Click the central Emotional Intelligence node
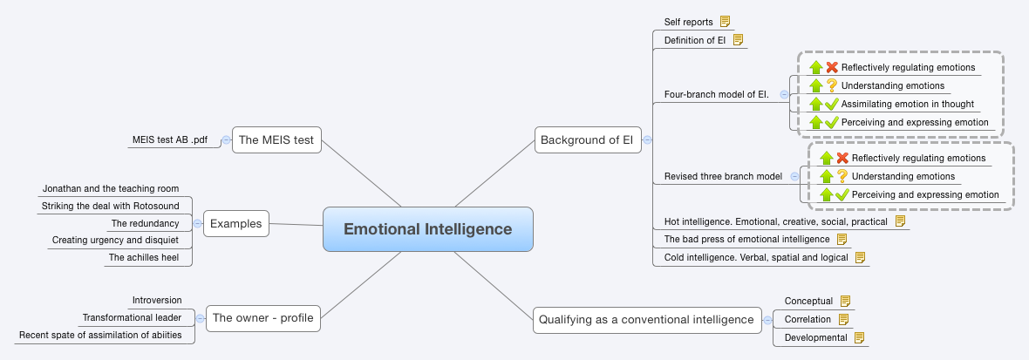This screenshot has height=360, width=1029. click(427, 229)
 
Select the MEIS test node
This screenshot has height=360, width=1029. click(276, 139)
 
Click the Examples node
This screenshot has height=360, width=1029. click(235, 223)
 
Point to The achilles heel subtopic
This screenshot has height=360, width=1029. click(143, 257)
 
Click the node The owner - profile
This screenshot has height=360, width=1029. click(262, 318)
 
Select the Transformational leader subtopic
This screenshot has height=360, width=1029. click(132, 317)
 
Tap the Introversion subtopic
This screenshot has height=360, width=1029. click(157, 300)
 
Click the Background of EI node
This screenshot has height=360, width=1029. click(587, 139)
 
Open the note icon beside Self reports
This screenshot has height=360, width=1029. click(726, 22)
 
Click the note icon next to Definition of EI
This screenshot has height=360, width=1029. click(738, 40)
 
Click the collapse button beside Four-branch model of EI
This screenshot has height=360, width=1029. click(783, 94)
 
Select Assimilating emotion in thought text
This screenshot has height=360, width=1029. click(907, 104)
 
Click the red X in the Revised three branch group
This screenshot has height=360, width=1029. click(842, 158)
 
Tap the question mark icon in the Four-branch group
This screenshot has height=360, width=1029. click(832, 85)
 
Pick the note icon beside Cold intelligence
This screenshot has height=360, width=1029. click(860, 257)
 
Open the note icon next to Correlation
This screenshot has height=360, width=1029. click(842, 319)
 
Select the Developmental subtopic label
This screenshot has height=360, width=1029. click(815, 337)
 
